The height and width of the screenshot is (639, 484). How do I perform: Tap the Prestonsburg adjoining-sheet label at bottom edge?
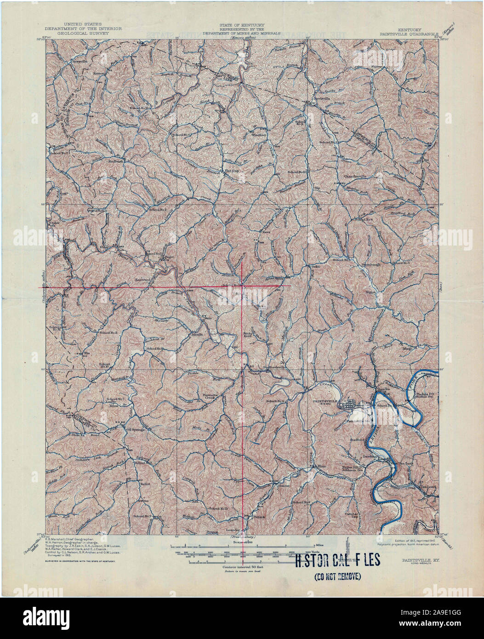point(242,536)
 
